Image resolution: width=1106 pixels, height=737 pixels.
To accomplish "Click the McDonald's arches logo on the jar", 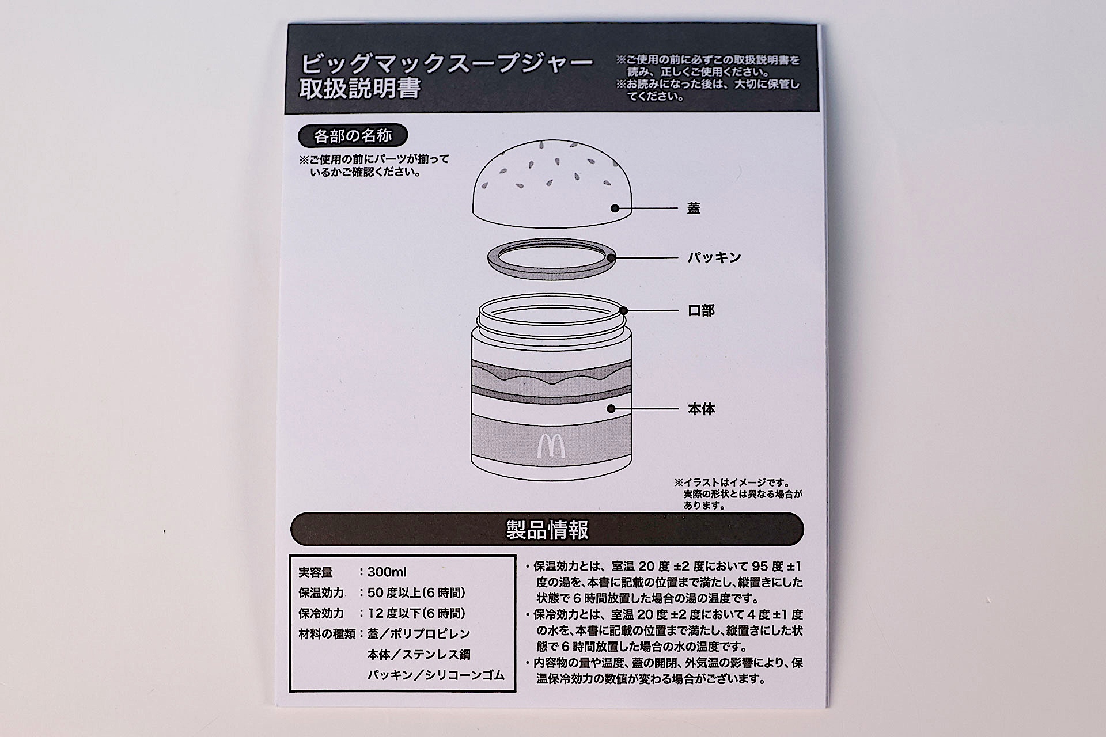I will pos(551,446).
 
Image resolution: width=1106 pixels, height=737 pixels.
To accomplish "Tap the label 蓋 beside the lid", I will pos(694,208).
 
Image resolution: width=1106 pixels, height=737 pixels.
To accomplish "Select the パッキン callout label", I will pos(714,257).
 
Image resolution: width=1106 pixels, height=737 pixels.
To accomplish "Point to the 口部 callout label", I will pos(701,311).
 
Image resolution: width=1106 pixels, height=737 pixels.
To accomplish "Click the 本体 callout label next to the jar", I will pos(701,409).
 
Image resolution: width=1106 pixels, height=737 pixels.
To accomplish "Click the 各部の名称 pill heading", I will pos(353,136).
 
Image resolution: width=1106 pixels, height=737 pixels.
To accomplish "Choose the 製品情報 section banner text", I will pos(547,529).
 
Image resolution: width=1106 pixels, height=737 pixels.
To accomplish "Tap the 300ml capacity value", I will pos(387,572).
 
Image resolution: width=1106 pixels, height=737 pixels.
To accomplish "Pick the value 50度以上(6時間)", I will pos(416,592).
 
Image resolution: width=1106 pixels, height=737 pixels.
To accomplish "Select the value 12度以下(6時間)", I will pos(416,613).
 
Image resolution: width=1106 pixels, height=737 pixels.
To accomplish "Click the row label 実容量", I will pos(316,572).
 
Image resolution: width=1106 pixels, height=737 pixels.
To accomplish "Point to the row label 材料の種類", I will pos(327,634).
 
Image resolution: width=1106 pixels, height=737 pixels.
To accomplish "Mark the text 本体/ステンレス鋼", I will pos(419,655).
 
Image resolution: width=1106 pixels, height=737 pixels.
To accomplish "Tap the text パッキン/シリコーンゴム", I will pos(435,675).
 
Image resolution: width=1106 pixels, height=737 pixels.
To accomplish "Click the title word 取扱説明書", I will pos(360,89).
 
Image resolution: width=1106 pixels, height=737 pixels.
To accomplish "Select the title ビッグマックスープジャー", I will pos(446,63).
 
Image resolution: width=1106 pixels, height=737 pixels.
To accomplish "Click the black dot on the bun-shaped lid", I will pos(615,208).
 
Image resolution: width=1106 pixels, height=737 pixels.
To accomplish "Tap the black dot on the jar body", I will pos(611,409).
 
